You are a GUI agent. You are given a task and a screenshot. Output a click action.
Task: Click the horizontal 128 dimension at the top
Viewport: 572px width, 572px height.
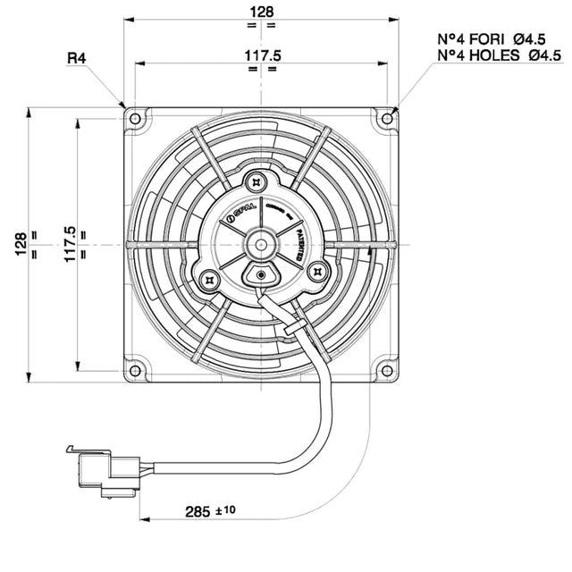tap(261, 12)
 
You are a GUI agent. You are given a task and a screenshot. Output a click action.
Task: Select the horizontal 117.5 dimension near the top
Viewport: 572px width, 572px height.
tap(261, 55)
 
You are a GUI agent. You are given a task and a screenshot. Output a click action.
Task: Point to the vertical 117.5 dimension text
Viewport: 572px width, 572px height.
tap(69, 243)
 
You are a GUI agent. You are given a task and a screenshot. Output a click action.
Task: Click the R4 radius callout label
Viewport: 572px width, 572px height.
tap(77, 59)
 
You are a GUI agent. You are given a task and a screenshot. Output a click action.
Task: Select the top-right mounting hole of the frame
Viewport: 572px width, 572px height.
tap(386, 118)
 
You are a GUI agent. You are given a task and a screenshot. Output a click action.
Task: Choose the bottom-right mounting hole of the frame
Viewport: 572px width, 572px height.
tap(386, 369)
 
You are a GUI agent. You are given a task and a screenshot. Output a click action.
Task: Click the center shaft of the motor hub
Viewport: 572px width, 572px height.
tap(261, 243)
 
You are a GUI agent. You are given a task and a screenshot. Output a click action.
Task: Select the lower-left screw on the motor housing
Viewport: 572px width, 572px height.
tap(210, 279)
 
